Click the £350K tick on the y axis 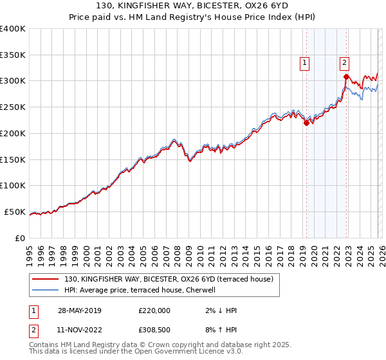[x=13, y=55]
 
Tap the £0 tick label [x=20, y=238]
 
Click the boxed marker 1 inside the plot [x=304, y=62]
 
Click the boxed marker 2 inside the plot [x=344, y=62]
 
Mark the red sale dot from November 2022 [x=346, y=76]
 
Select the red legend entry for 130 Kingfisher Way [x=169, y=279]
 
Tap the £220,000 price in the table [x=154, y=310]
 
